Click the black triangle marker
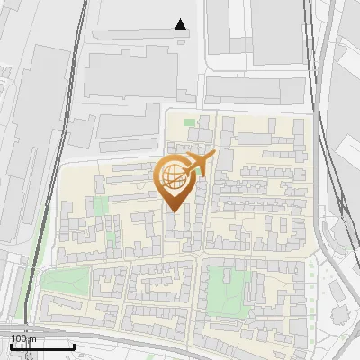pos(182,24)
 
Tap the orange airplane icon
pos(197,164)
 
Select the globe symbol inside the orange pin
pos(174,176)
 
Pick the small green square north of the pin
pos(189,122)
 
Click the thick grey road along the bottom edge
pos(180,346)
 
